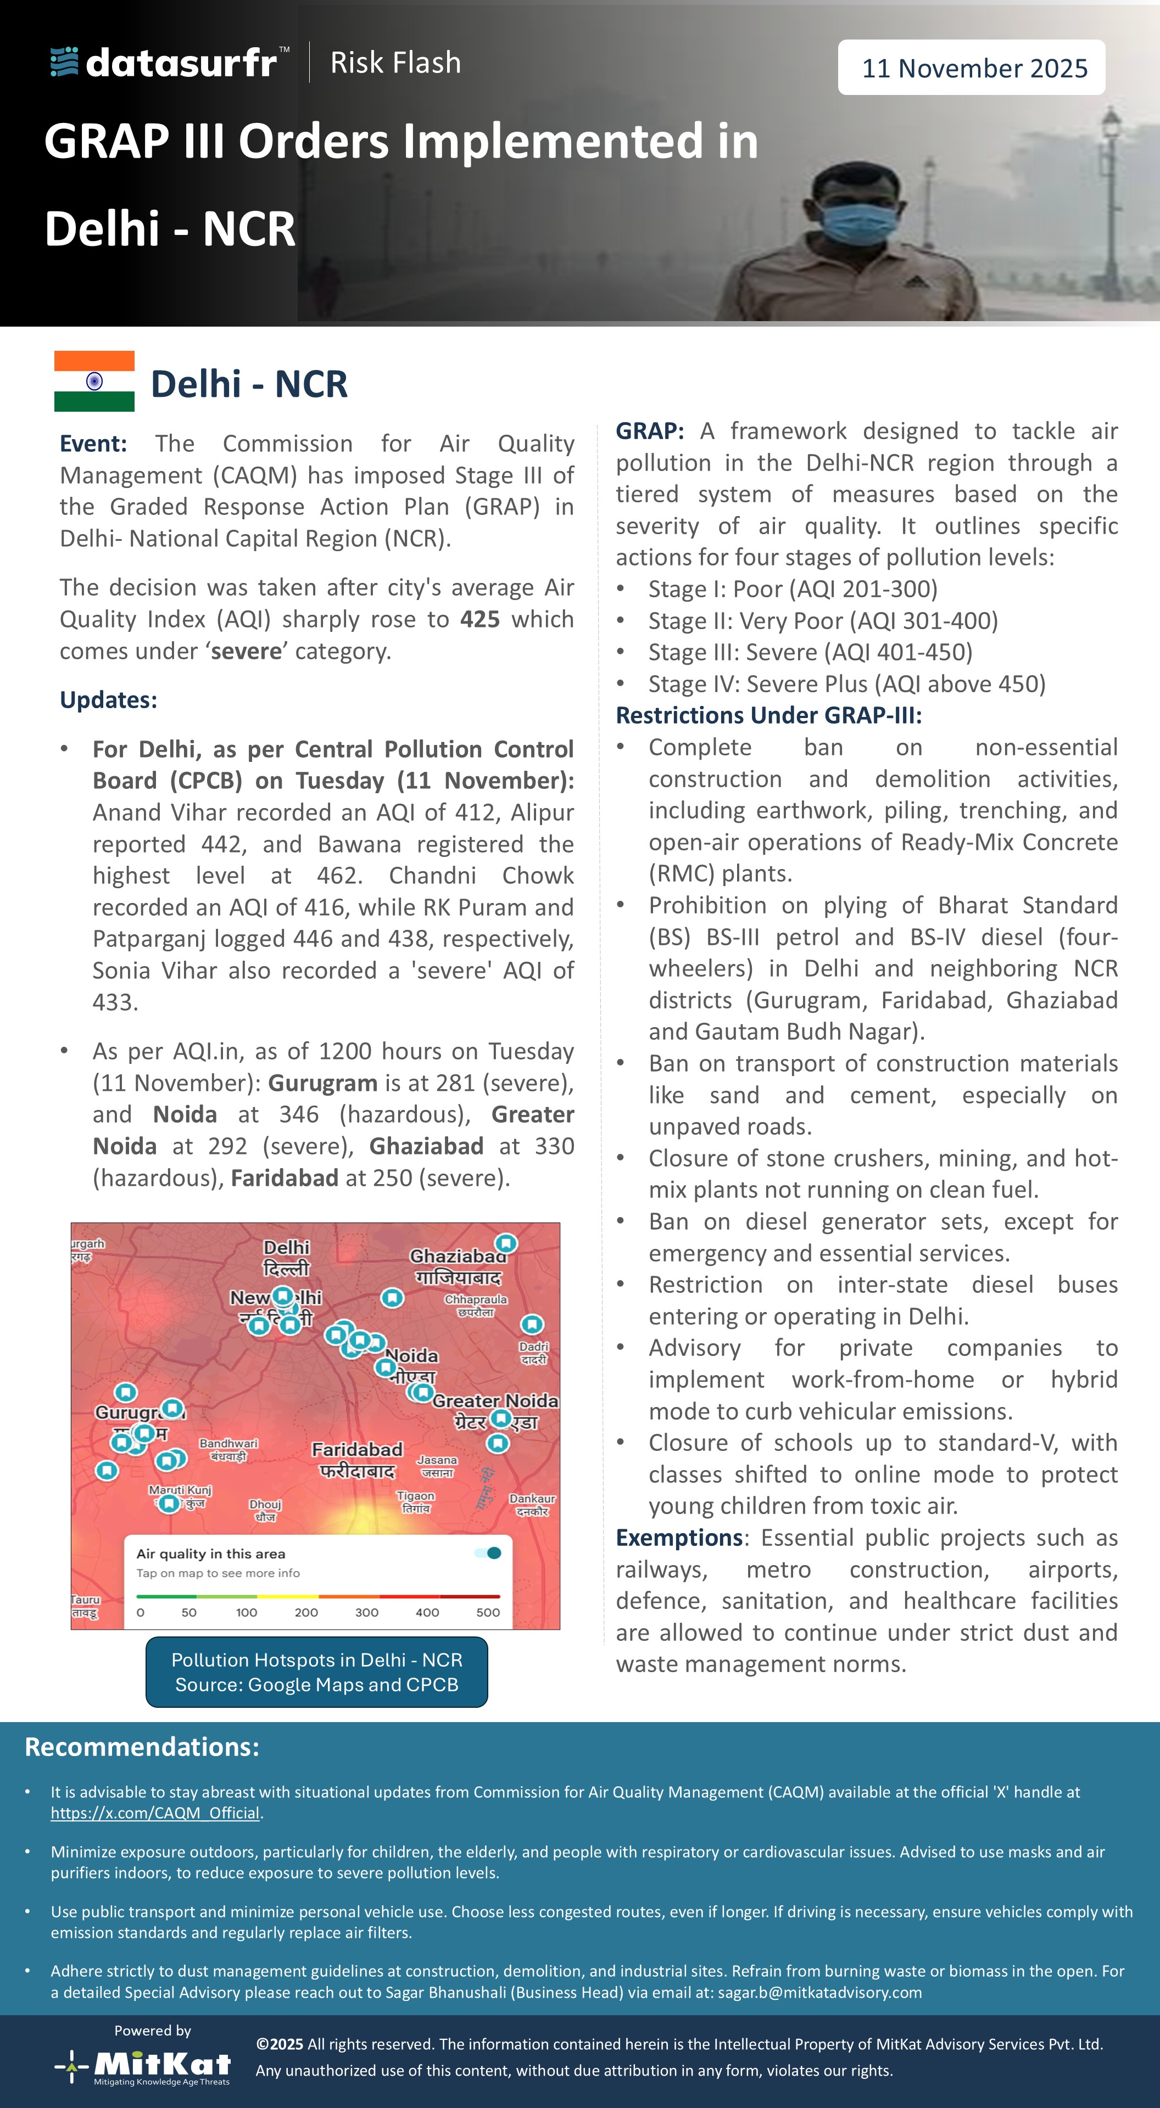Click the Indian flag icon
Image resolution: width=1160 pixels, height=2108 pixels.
(94, 382)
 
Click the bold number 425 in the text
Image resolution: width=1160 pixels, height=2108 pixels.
(479, 619)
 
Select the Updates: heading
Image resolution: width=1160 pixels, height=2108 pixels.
(108, 700)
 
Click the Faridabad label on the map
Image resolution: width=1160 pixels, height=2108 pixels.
(357, 1459)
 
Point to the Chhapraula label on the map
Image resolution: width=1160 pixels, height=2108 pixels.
(476, 1304)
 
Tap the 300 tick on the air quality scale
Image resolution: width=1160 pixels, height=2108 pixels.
(367, 1612)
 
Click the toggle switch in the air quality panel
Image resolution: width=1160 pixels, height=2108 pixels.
(489, 1553)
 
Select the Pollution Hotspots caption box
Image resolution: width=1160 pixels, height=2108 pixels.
(317, 1672)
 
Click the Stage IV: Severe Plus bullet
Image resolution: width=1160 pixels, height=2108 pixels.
(846, 684)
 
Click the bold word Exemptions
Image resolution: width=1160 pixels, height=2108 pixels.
(679, 1538)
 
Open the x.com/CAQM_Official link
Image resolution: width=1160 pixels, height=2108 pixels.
(155, 1813)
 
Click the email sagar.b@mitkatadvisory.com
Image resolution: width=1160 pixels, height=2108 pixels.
(819, 1993)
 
